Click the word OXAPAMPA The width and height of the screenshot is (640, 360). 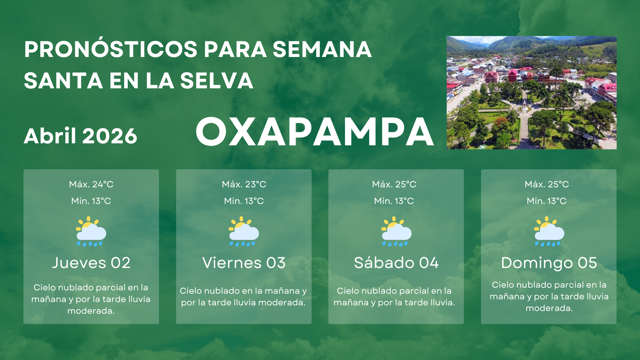coord(315,132)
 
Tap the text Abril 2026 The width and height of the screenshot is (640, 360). coord(80,136)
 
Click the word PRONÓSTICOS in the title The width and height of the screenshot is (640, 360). coord(111,49)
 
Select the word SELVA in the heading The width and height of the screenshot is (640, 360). coord(217,81)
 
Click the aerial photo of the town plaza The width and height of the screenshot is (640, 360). coord(531,93)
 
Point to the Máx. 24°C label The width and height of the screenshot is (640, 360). coord(91,184)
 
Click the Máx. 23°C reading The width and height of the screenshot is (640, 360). coord(244,184)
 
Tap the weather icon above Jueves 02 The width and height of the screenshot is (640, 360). coord(91,232)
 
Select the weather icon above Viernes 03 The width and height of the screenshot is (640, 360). coord(244,232)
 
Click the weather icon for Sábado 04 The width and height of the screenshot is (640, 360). coord(396,232)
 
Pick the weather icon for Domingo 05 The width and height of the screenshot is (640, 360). coord(549,232)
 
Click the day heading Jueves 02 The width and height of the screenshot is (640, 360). coord(91,263)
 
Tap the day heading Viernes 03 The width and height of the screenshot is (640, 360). coord(244,263)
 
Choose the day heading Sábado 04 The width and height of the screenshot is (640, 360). coord(396,263)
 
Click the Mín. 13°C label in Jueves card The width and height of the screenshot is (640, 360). coord(91,201)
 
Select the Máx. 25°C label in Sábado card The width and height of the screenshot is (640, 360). coord(394,184)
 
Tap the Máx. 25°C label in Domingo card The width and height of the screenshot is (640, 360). coord(547,184)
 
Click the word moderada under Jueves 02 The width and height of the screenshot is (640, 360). coord(91,311)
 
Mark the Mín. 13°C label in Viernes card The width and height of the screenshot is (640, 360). coord(244,201)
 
